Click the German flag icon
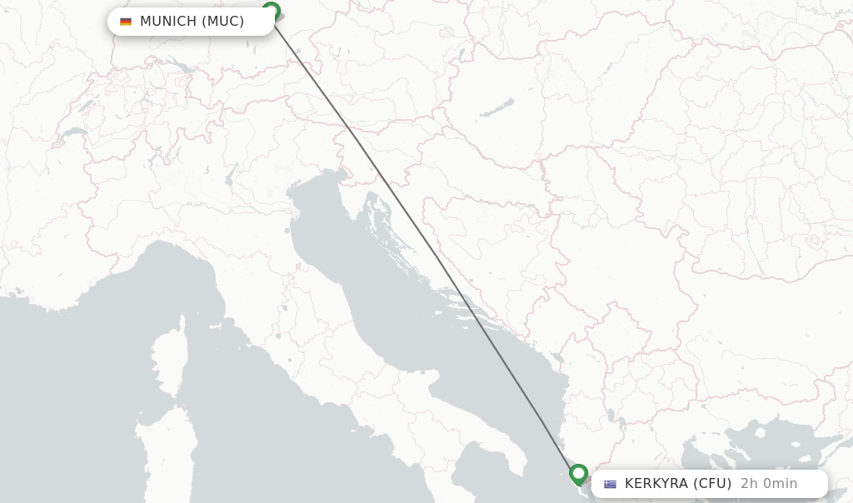[126, 22]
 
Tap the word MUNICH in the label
[167, 22]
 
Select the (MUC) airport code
[222, 22]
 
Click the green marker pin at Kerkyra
[578, 474]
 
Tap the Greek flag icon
[611, 484]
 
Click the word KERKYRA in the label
[656, 484]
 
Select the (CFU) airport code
[712, 484]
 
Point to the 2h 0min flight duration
[769, 484]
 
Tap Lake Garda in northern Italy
[230, 176]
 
